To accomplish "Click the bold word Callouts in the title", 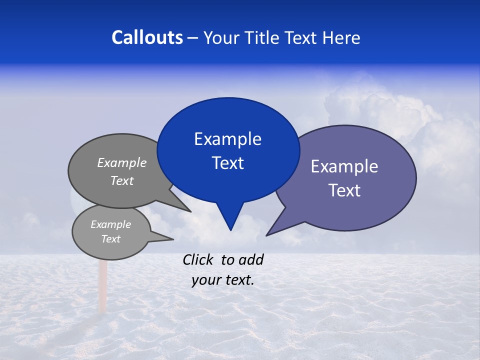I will [x=147, y=37].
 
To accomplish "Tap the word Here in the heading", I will [x=341, y=37].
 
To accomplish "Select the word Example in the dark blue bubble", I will [x=227, y=139].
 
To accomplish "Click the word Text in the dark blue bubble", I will [x=227, y=163].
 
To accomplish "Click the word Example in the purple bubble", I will [x=344, y=166].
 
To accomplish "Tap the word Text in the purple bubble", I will [x=344, y=190].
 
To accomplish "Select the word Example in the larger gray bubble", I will [x=122, y=163].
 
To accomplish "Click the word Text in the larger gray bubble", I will [x=122, y=181].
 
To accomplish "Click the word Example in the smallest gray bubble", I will [x=110, y=224].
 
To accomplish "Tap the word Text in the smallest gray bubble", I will [x=110, y=239].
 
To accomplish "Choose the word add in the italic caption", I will [x=251, y=259].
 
